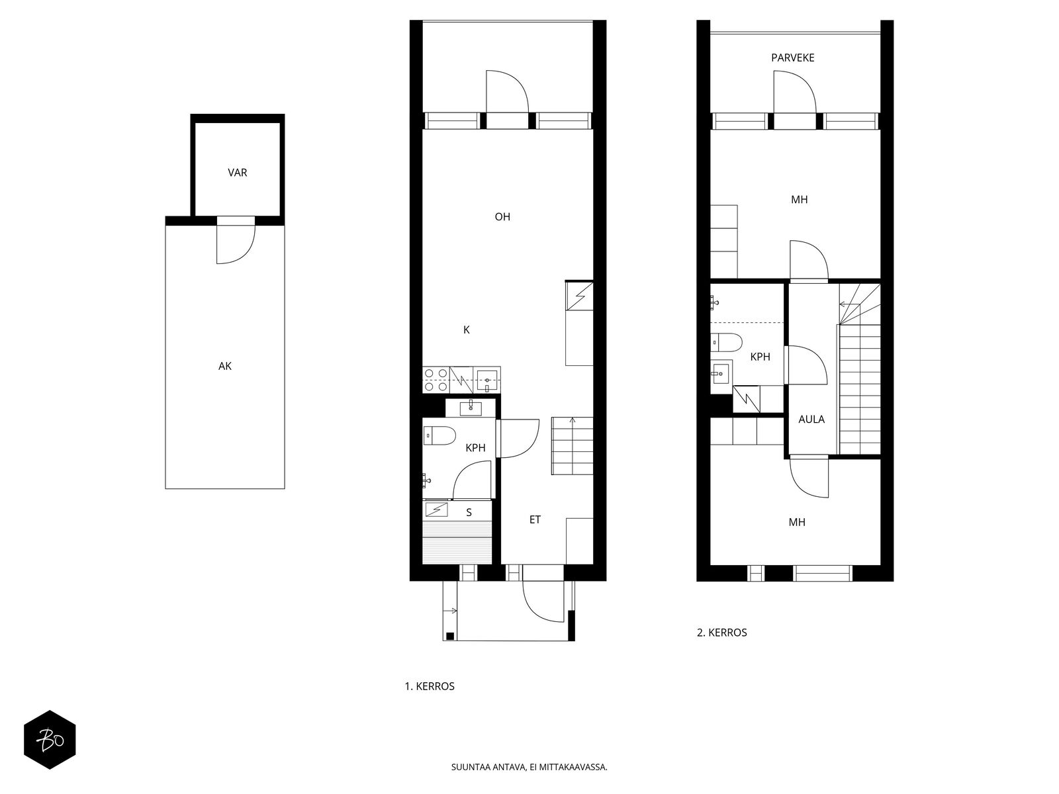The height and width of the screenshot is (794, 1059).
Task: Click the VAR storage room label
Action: tap(238, 173)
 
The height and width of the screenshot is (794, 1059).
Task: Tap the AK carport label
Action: tap(225, 367)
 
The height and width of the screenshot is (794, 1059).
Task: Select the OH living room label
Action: tap(502, 217)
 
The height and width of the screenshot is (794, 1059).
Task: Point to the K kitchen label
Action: tap(467, 330)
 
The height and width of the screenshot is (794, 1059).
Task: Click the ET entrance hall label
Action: tap(535, 519)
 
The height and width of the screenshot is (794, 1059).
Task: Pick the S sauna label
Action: tap(469, 513)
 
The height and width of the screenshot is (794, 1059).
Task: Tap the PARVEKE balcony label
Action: tap(793, 58)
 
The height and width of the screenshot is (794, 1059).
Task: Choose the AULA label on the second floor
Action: tap(811, 419)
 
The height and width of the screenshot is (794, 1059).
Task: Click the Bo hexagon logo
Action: tap(50, 740)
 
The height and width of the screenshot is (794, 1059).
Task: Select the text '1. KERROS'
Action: tap(430, 687)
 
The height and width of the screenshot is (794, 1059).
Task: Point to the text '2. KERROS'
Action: tap(721, 633)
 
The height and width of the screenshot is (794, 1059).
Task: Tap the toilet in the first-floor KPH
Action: tap(439, 436)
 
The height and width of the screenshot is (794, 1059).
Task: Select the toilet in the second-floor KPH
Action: tap(726, 343)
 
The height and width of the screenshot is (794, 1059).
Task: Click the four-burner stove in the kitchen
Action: tap(436, 380)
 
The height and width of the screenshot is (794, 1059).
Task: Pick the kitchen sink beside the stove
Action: tap(487, 380)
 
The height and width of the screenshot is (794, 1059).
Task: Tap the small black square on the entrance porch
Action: tap(450, 636)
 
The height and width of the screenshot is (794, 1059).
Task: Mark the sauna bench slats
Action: tap(457, 543)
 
